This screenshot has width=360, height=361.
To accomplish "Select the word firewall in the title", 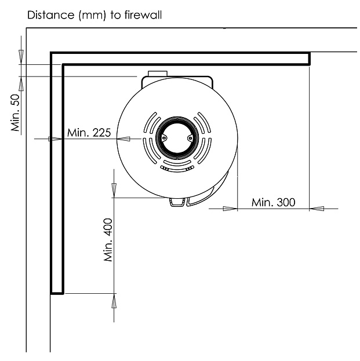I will coord(145,16).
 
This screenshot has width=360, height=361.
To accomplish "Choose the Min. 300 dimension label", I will coord(273,202).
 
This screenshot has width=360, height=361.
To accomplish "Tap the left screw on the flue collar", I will coord(164,138).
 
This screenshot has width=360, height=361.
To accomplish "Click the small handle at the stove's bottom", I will coord(177,202).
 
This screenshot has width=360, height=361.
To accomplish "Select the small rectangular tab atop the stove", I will coord(158,74).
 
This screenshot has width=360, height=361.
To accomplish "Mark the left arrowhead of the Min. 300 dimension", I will coord(231,208).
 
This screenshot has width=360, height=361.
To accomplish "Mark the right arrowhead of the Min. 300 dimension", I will coord(317,208).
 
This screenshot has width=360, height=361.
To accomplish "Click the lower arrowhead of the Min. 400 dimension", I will coord(114,300).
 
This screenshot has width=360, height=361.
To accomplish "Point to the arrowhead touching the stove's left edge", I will coord(123,138).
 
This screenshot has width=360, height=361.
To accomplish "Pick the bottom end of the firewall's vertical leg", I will coord(57,293).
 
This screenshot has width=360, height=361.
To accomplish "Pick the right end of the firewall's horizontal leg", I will coord(308,58).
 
